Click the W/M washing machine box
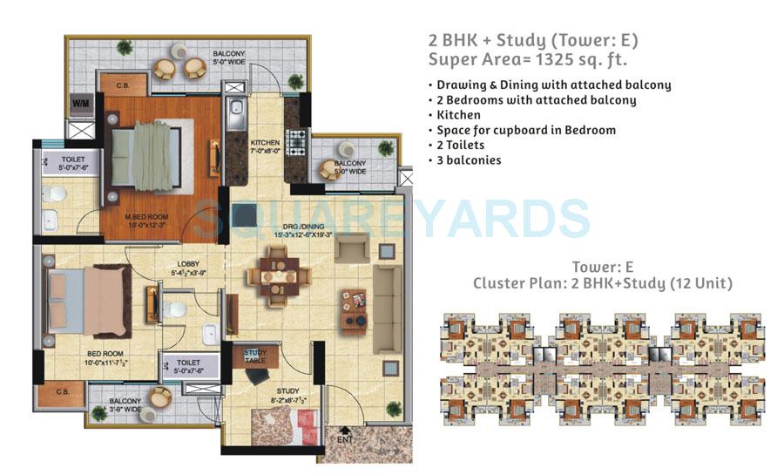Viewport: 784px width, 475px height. point(80,103)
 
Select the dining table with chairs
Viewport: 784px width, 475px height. point(277,275)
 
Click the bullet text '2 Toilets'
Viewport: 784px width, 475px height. point(460,146)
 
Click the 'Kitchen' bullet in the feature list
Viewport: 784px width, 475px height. point(458,115)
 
